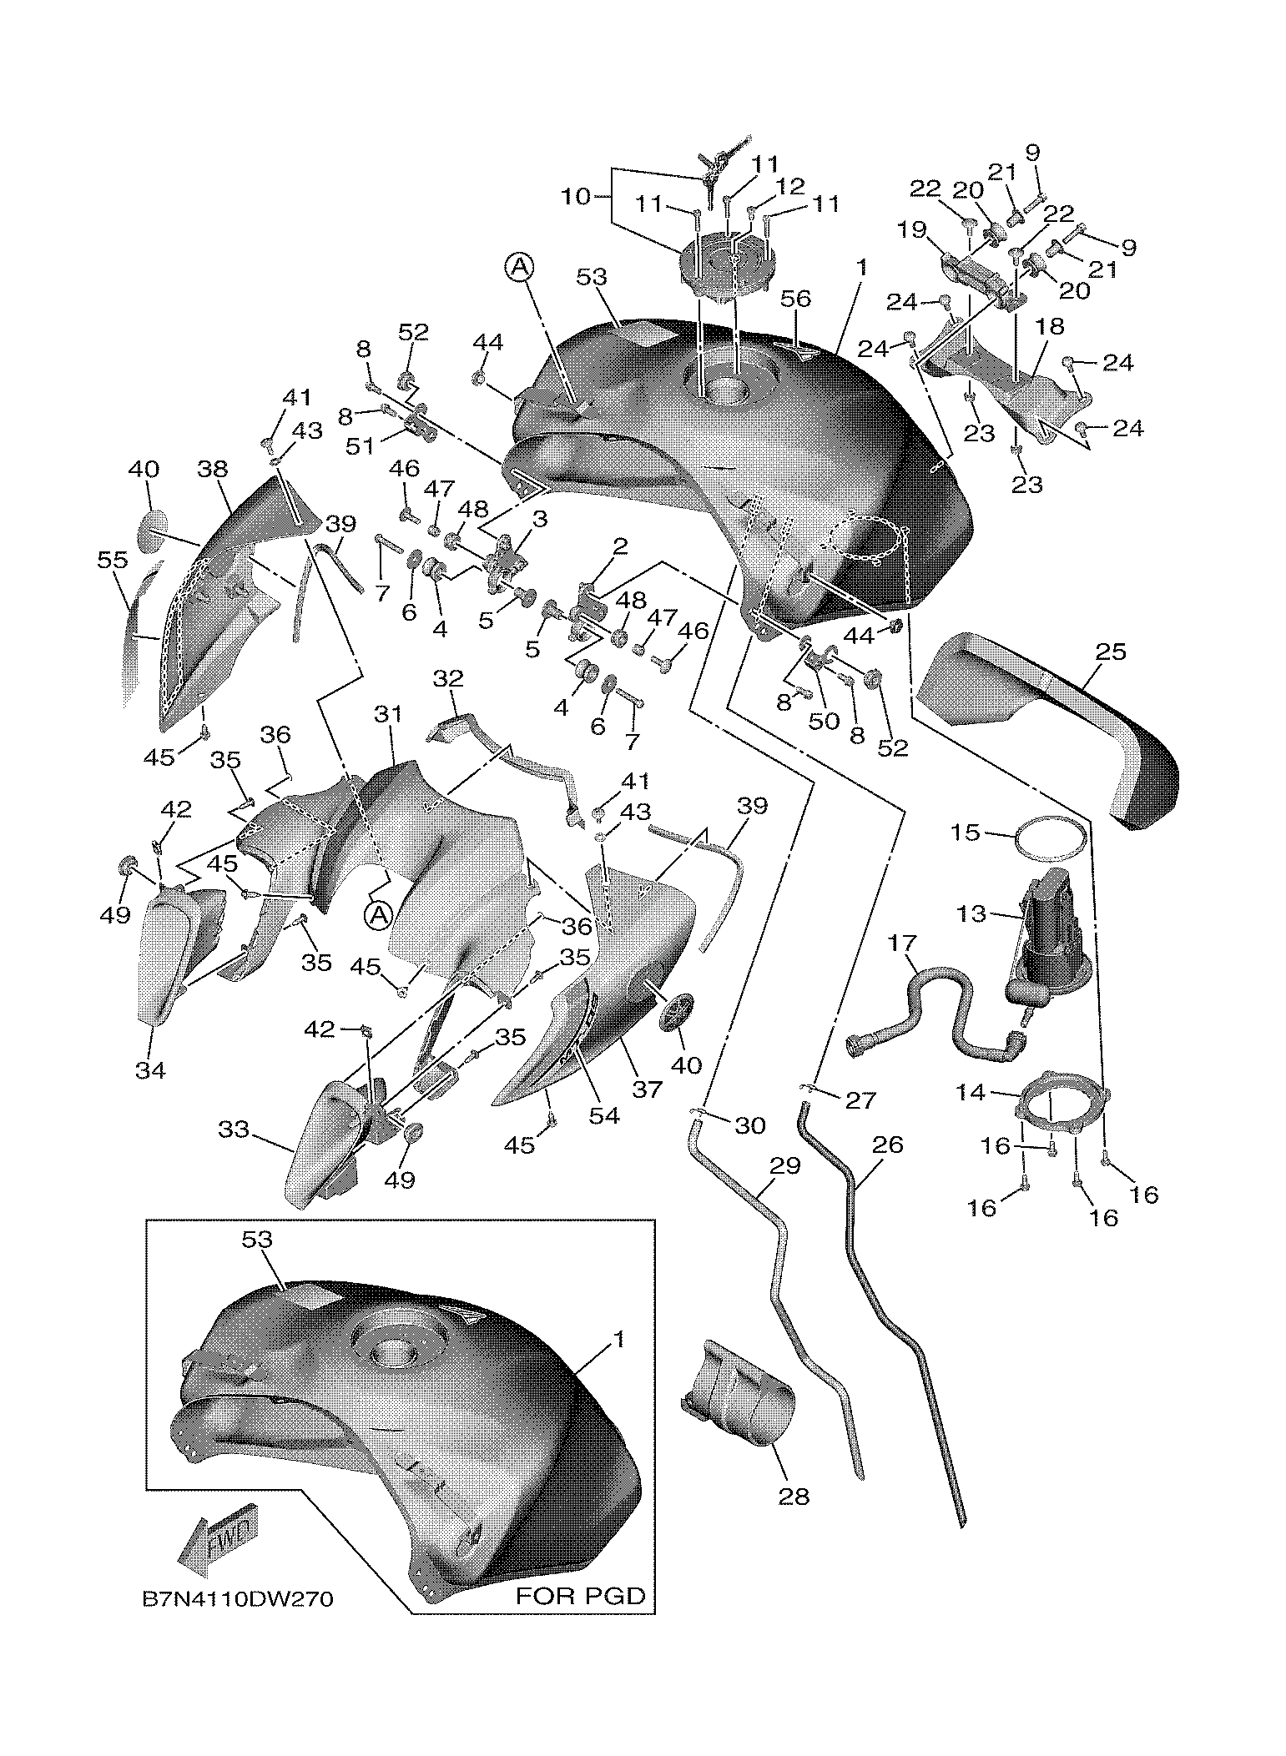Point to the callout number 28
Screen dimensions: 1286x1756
794,1497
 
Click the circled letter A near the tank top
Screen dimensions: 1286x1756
518,267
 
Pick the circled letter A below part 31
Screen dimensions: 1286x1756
377,915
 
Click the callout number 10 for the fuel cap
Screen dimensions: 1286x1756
576,198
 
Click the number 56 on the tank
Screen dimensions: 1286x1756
794,299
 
